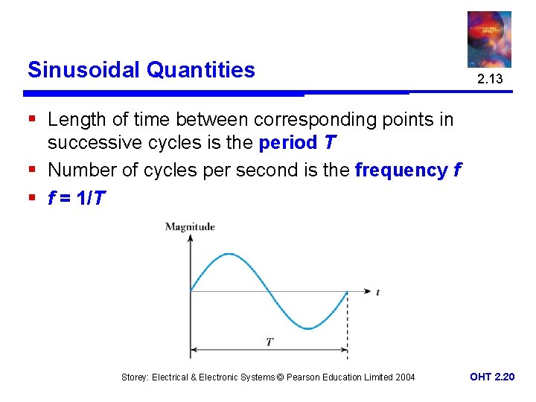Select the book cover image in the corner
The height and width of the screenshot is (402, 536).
click(489, 39)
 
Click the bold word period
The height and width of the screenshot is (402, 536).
click(287, 141)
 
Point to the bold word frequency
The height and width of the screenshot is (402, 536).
click(401, 170)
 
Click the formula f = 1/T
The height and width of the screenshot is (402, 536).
click(77, 199)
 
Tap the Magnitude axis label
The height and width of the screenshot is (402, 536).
click(190, 226)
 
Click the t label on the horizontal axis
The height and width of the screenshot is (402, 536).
click(377, 293)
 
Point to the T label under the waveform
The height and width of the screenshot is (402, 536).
click(269, 342)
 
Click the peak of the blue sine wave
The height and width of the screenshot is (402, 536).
click(229, 255)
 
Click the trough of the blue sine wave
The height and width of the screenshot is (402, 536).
click(308, 328)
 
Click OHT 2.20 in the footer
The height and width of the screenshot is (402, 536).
click(491, 377)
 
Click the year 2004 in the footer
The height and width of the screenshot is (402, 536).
click(404, 377)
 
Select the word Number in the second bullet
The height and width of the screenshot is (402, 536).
click(82, 170)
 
